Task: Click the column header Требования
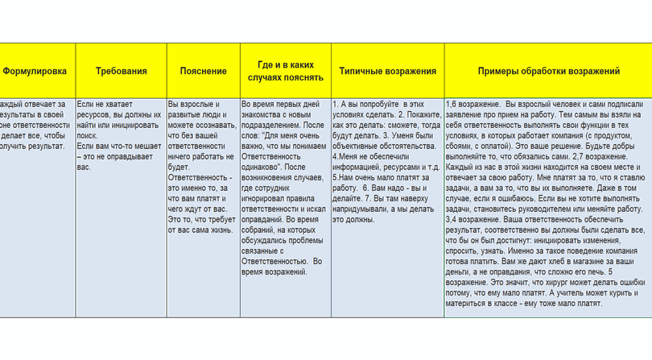(x=122, y=71)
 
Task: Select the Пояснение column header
(x=203, y=71)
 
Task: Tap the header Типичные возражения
(x=387, y=71)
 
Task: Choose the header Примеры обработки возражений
(x=548, y=71)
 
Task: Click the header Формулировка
(x=35, y=71)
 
